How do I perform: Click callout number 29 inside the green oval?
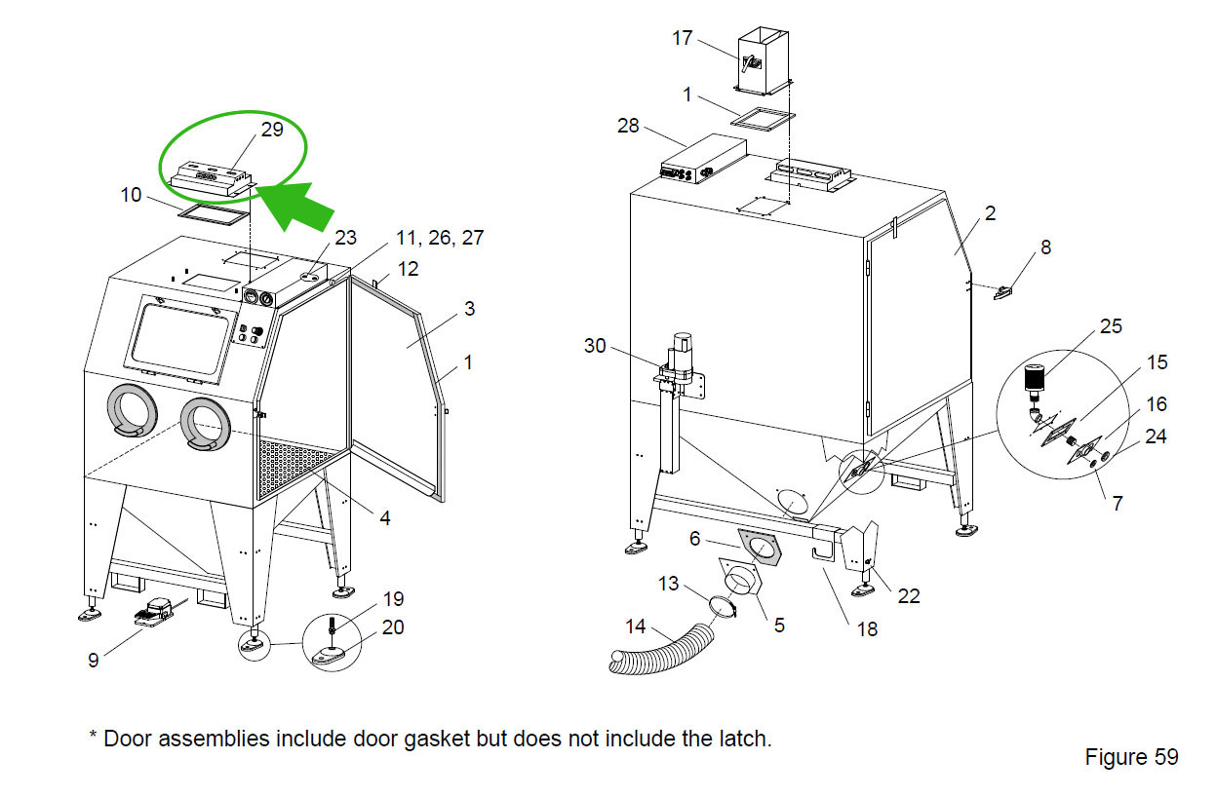pos(272,129)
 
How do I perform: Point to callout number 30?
pos(596,345)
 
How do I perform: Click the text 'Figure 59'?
pos(1131,757)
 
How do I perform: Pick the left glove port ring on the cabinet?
pos(131,410)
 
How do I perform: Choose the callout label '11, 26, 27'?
pos(439,238)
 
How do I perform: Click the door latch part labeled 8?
pos(1003,290)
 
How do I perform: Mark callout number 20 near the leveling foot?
pos(393,627)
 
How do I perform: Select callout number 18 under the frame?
pos(867,628)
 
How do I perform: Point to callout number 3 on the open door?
pos(469,309)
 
